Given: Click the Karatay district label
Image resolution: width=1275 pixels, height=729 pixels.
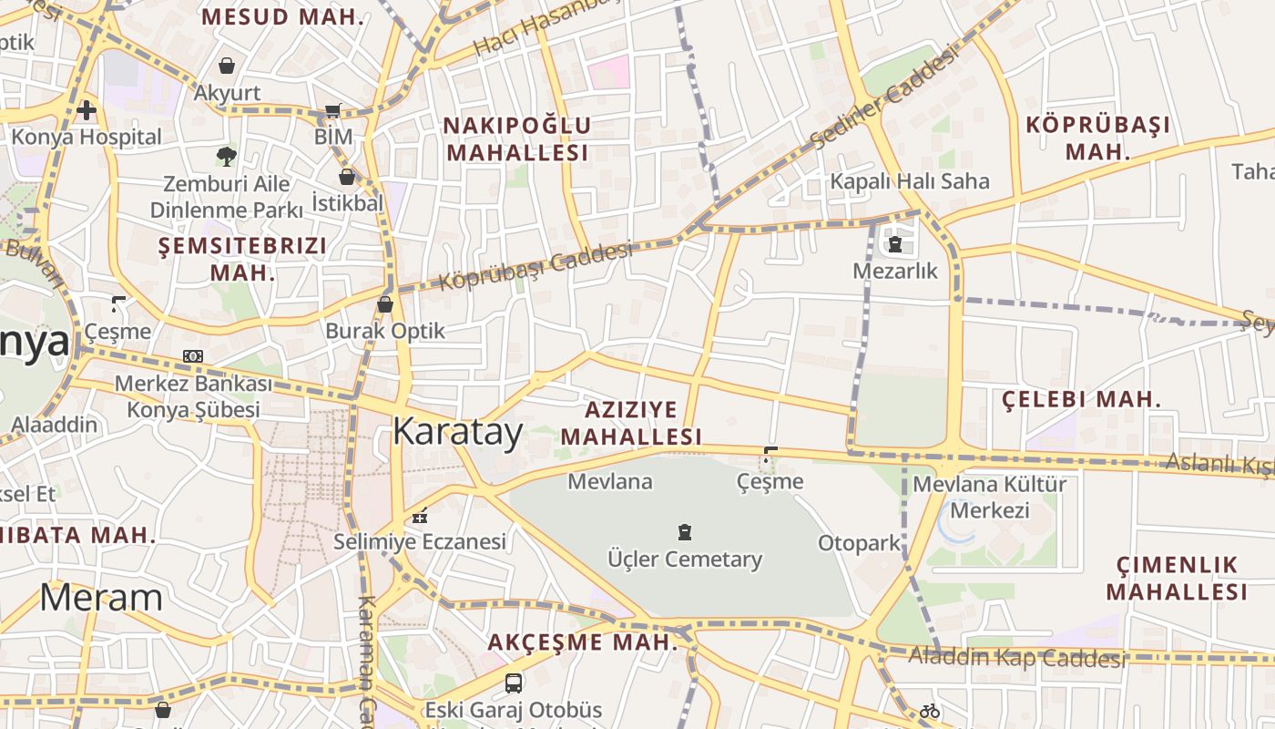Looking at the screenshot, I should tap(457, 432).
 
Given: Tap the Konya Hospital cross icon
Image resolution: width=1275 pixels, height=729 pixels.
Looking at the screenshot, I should tap(87, 110).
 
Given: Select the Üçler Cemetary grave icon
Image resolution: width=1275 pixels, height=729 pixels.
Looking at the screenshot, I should tap(685, 532).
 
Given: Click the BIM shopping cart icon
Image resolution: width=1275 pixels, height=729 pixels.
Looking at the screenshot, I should tap(333, 111).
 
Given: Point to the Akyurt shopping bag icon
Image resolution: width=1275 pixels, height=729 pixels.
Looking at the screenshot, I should tap(227, 66).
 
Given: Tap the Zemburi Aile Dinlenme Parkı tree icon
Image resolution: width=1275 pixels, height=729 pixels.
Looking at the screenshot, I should tap(226, 156).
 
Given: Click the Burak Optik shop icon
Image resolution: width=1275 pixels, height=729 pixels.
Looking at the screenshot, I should tap(385, 304).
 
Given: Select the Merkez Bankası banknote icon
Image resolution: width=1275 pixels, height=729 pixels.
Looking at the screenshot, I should tap(192, 356).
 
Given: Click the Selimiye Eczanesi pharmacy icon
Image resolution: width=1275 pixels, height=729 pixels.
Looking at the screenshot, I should tap(419, 516).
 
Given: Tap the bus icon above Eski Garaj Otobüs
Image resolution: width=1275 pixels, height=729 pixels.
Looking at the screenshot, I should tap(514, 683).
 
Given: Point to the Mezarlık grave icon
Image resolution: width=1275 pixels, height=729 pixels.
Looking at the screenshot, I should tap(894, 244).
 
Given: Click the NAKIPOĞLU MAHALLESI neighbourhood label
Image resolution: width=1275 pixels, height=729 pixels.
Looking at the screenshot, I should tap(517, 139).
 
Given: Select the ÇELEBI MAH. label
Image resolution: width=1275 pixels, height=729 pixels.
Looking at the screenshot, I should tap(1081, 399).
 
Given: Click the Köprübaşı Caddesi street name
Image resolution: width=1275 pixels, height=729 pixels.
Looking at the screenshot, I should tap(535, 266).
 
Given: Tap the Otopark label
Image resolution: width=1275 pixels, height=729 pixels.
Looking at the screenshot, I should tap(859, 543).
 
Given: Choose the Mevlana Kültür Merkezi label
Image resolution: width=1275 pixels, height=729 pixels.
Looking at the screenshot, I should tap(989, 497).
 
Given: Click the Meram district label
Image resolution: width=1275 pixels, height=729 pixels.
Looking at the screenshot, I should tap(101, 598).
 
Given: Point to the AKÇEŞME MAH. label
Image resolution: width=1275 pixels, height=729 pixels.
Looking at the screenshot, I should tap(583, 642).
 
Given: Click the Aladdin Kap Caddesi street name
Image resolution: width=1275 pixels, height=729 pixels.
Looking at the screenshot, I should tap(1016, 656).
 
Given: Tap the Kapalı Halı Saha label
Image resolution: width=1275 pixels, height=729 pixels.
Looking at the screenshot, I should tap(909, 181).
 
